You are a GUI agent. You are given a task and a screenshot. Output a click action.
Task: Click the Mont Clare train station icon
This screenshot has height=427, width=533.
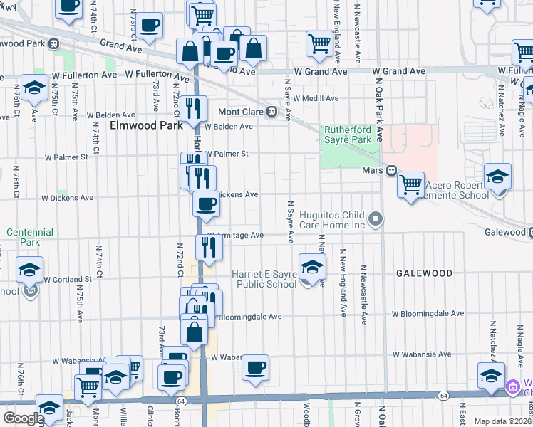click(271, 112)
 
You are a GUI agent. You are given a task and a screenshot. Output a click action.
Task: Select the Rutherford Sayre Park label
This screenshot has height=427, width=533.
click(348, 135)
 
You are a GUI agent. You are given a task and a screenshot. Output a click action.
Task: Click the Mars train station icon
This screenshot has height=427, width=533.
click(391, 171)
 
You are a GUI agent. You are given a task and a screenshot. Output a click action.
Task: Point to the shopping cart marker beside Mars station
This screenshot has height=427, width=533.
click(410, 185)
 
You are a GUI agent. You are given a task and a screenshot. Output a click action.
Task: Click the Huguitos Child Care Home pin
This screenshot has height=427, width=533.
click(377, 220)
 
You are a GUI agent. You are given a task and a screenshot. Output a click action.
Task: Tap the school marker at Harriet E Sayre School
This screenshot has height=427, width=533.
click(311, 268)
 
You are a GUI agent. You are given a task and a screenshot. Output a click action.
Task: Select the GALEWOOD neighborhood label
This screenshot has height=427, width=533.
click(425, 273)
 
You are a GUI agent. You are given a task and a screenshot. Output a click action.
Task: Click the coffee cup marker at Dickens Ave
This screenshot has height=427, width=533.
click(207, 204)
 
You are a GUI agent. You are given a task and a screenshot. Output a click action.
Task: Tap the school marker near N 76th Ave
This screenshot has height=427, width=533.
click(35, 88)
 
